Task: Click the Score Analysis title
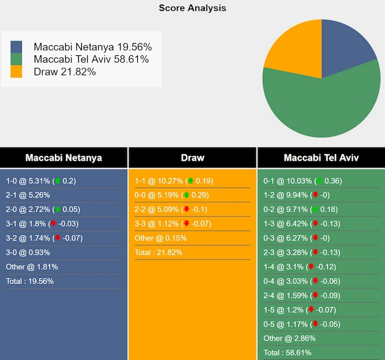[192, 8]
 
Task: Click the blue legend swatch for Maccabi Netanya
[16, 47]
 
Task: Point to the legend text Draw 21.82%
[65, 71]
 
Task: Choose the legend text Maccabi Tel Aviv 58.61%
[91, 59]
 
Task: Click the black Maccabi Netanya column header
[64, 157]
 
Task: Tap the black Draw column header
[192, 157]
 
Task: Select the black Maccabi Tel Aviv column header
[321, 157]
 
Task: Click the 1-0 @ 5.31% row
[41, 181]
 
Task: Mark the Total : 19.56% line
[30, 281]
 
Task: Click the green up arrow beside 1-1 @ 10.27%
[191, 181]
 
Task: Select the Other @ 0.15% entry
[161, 238]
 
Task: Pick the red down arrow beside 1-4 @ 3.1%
[311, 267]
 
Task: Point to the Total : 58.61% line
[287, 353]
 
